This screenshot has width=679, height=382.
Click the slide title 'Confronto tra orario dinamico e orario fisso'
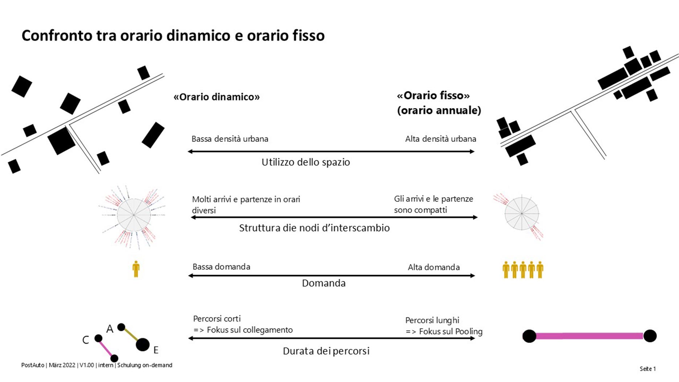pyautogui.click(x=173, y=36)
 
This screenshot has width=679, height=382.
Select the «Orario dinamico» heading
pyautogui.click(x=217, y=97)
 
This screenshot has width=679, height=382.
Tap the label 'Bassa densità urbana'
pyautogui.click(x=230, y=139)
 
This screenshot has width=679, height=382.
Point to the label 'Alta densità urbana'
pyautogui.click(x=440, y=139)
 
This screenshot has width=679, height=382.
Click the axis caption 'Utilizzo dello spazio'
pyautogui.click(x=305, y=162)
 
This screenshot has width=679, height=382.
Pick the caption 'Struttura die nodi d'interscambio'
pyautogui.click(x=314, y=228)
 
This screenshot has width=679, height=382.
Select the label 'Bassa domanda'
pyautogui.click(x=221, y=267)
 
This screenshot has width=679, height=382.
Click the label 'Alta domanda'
pyautogui.click(x=433, y=267)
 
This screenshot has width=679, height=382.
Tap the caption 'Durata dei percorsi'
pyautogui.click(x=326, y=351)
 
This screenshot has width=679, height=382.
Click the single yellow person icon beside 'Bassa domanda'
pyautogui.click(x=136, y=269)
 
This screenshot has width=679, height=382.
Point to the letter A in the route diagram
pyautogui.click(x=110, y=329)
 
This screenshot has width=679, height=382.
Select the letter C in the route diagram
pyautogui.click(x=86, y=340)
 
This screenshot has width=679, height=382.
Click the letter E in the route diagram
pyautogui.click(x=156, y=350)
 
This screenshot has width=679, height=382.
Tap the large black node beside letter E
pyautogui.click(x=143, y=345)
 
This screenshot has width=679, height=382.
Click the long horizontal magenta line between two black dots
pyautogui.click(x=589, y=336)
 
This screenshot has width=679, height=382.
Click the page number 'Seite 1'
pyautogui.click(x=647, y=369)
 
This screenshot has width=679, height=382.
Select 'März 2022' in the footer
pyautogui.click(x=62, y=365)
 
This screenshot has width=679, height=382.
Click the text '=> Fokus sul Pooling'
pyautogui.click(x=444, y=332)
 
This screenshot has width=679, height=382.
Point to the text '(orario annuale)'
pyautogui.click(x=439, y=110)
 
